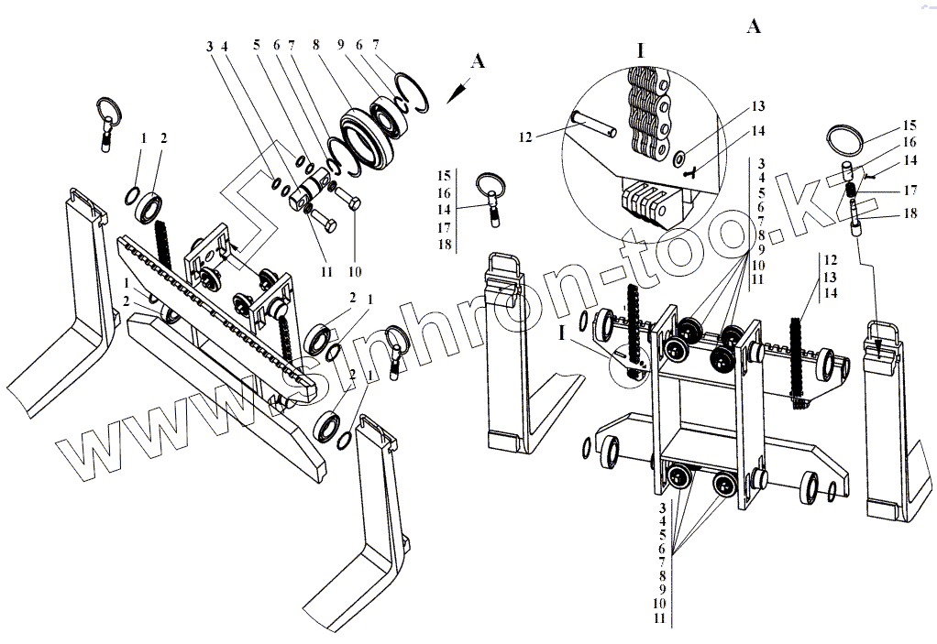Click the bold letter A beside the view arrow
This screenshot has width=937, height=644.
pyautogui.click(x=476, y=61)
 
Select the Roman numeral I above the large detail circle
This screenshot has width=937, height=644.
pyautogui.click(x=641, y=49)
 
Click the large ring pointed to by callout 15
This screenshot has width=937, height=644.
pyautogui.click(x=846, y=142)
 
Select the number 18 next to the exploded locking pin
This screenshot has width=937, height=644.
pyautogui.click(x=910, y=214)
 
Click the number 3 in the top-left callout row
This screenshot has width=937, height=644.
pyautogui.click(x=209, y=46)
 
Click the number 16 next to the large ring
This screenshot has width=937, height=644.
pyautogui.click(x=910, y=143)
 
